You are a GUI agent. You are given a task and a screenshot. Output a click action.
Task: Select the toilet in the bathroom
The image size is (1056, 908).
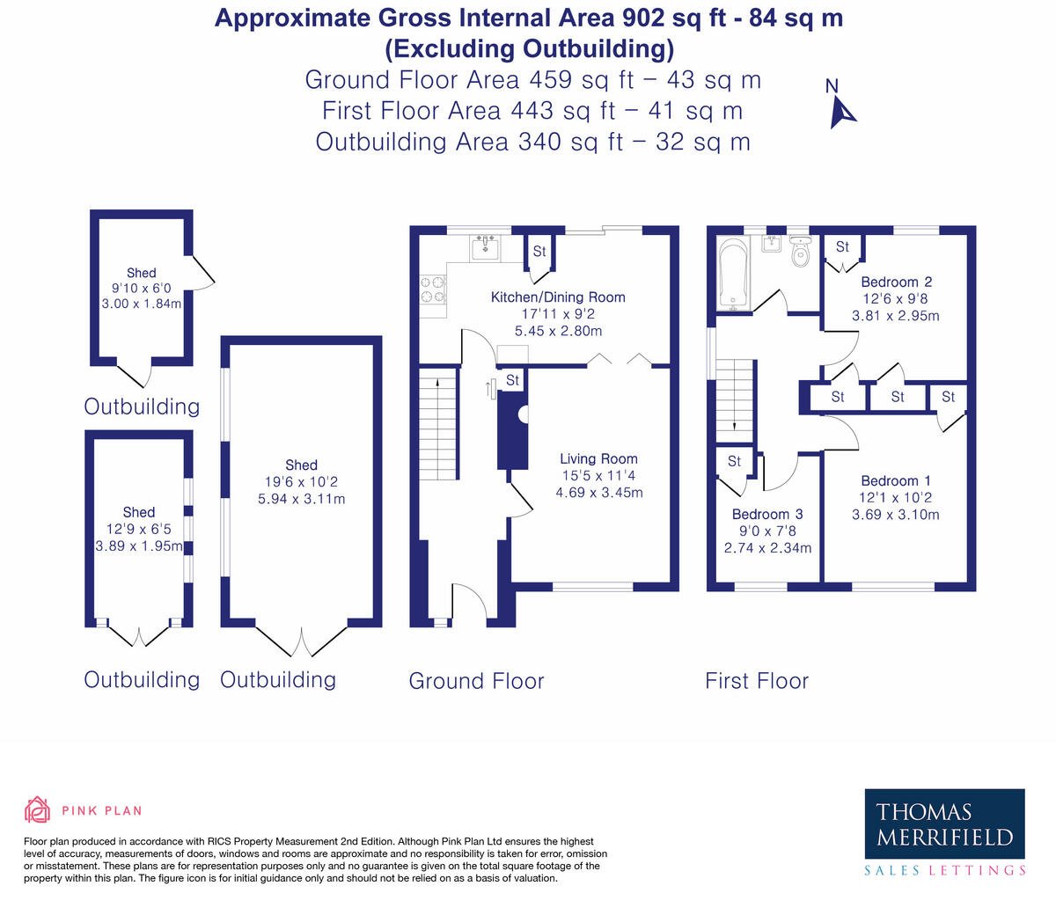tap(800, 252)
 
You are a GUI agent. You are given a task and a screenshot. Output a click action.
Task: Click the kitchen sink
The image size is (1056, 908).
tap(485, 247)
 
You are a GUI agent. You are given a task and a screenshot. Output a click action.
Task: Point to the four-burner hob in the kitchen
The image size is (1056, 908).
tap(433, 289)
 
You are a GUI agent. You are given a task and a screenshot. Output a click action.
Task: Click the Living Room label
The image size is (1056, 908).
tap(598, 458)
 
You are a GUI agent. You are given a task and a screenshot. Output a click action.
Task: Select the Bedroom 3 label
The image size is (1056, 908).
tap(767, 514)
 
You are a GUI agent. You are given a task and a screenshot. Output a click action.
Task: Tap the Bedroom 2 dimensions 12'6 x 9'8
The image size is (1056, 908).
tap(895, 299)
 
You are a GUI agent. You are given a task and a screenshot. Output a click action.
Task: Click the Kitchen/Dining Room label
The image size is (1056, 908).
tap(558, 297)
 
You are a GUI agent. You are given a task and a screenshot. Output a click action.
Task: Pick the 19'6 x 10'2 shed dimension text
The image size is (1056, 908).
tap(302, 481)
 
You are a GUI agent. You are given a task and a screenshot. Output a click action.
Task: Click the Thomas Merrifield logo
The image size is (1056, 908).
tap(944, 832)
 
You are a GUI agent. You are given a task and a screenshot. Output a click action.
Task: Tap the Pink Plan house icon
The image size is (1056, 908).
tap(37, 810)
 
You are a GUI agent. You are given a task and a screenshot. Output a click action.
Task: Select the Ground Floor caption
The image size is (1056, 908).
tap(476, 681)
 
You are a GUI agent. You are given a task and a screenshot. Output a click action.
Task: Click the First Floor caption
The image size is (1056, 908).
tap(757, 681)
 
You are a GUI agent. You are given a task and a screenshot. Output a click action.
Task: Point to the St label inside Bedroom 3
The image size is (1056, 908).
tap(734, 461)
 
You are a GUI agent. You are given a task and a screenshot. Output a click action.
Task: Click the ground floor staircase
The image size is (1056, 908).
tap(438, 424)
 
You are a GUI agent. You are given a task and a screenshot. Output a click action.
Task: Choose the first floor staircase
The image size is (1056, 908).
tap(734, 400)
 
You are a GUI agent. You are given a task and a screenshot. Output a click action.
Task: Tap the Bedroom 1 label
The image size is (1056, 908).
tap(896, 480)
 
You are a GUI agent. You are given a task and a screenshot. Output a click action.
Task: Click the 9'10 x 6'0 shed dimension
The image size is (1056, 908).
tap(142, 288)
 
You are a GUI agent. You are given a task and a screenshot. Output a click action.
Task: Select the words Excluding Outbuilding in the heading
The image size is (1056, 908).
tap(529, 49)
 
